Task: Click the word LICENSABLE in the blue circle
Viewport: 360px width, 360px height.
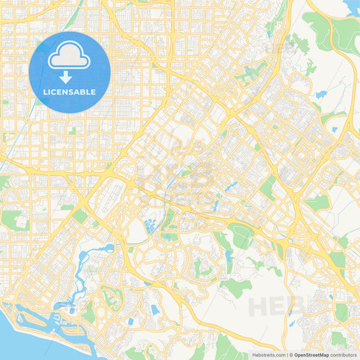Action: click(x=70, y=92)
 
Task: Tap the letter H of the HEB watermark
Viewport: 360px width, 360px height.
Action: click(x=259, y=306)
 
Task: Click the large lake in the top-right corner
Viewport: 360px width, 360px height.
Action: click(x=351, y=7)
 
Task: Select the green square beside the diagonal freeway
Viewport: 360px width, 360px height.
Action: click(x=80, y=215)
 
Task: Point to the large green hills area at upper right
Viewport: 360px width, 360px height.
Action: click(x=321, y=30)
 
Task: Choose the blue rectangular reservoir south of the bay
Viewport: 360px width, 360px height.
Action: click(x=155, y=310)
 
